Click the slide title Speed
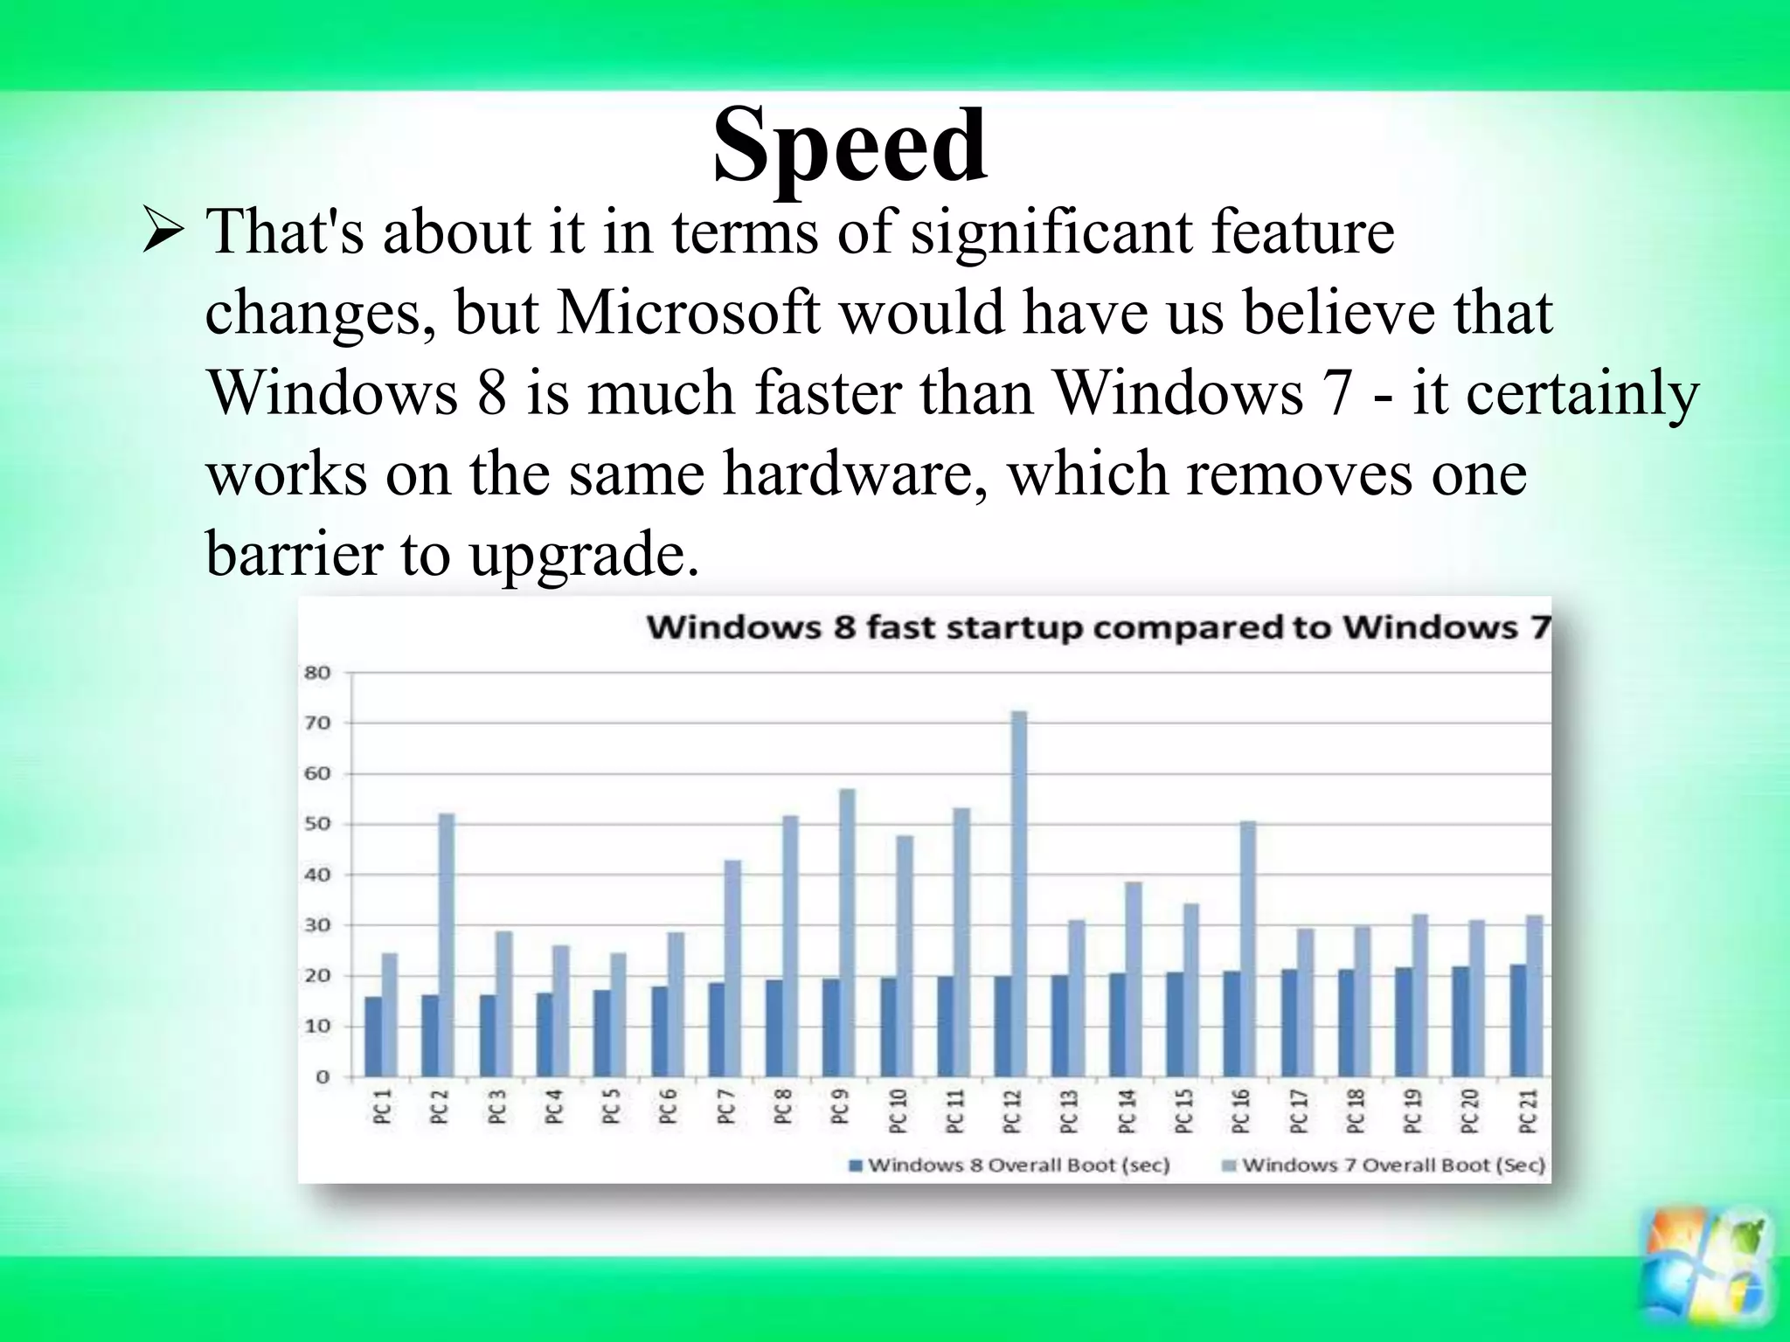tap(850, 145)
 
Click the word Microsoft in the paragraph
tap(688, 312)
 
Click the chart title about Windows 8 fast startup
tap(1098, 627)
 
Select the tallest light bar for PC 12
tap(1018, 891)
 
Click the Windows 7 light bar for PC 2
tap(446, 944)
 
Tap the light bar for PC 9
tap(847, 931)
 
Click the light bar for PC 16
tap(1247, 948)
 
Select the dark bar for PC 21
tap(1518, 1020)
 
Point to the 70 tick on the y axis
tap(317, 723)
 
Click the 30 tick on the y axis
tap(317, 925)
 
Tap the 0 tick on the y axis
tap(323, 1076)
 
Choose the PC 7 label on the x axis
tap(725, 1110)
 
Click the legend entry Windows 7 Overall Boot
tap(1383, 1165)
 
